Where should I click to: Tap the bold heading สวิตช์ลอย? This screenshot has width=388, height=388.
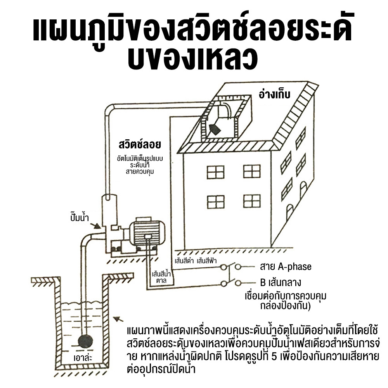(x=140, y=144)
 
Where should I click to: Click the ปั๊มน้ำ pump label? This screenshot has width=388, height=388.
(x=80, y=217)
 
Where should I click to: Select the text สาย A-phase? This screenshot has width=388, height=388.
(x=286, y=267)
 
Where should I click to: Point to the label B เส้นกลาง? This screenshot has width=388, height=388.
(x=281, y=282)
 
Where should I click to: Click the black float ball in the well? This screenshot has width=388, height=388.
(x=85, y=342)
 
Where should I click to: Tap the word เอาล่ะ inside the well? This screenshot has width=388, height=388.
(x=83, y=358)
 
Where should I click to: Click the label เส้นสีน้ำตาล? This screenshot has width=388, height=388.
(x=161, y=277)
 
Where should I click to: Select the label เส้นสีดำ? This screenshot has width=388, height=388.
(x=184, y=261)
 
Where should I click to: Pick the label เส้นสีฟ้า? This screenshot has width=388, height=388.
(x=207, y=261)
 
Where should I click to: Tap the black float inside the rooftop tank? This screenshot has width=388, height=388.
(x=215, y=129)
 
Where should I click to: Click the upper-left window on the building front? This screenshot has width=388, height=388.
(x=215, y=172)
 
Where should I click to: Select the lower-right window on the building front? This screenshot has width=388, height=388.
(x=252, y=201)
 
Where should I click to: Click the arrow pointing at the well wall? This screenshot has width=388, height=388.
(x=118, y=319)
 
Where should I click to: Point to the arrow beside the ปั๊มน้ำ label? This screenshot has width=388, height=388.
(x=95, y=226)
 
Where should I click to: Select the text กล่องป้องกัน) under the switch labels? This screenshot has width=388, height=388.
(x=285, y=306)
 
